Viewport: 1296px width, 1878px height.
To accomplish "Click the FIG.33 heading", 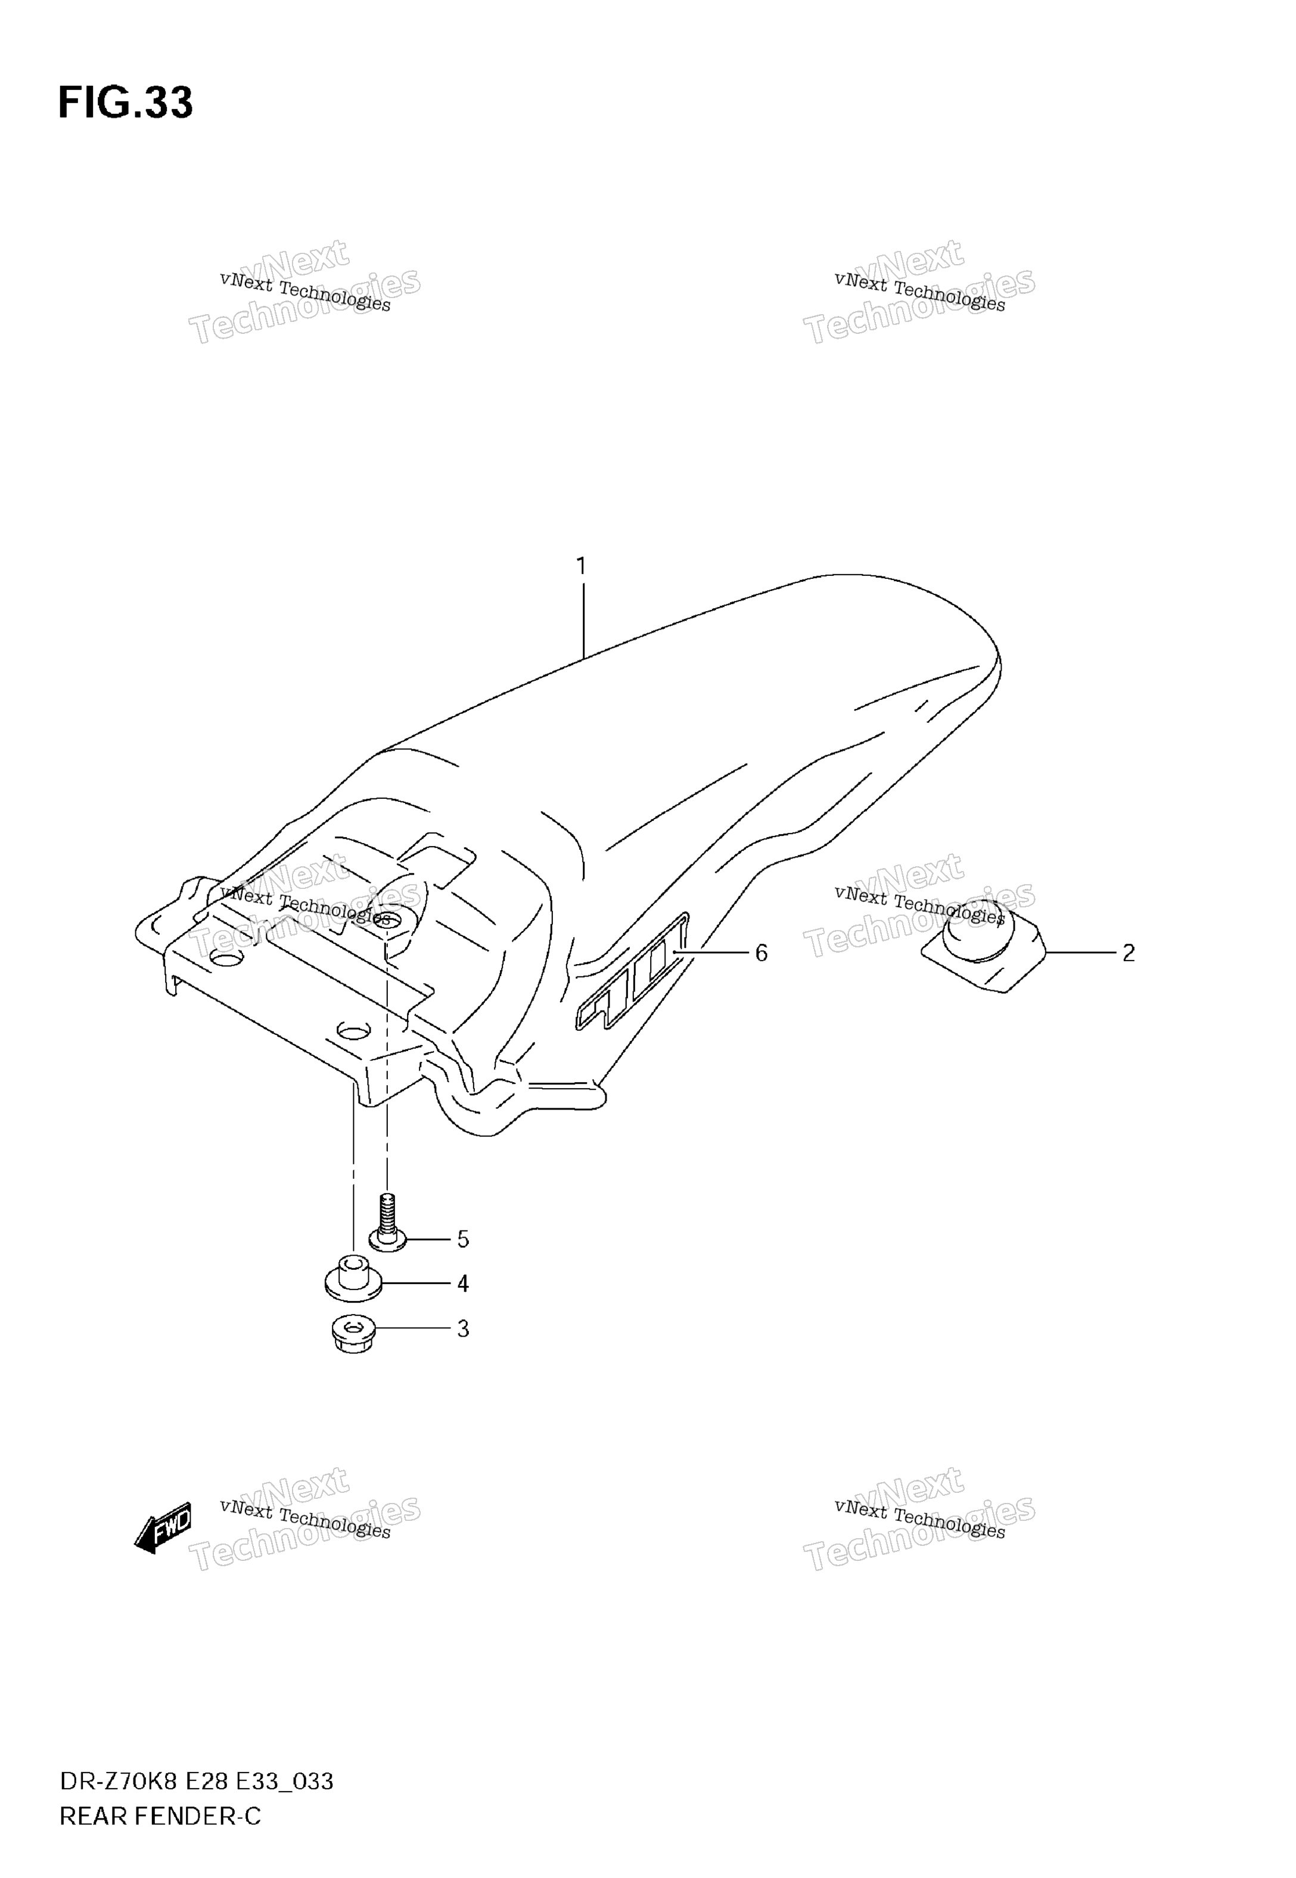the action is pos(126,103).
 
